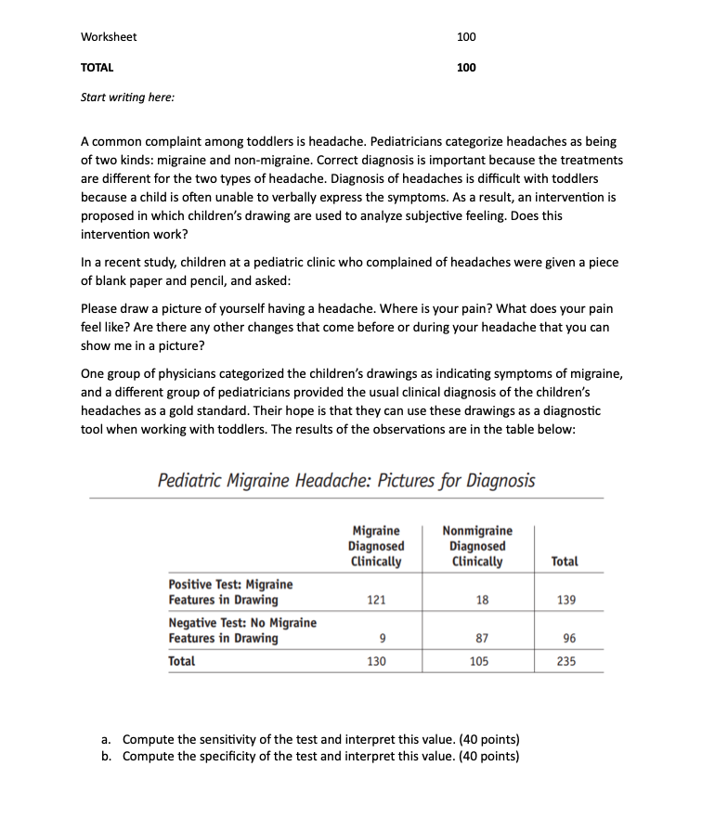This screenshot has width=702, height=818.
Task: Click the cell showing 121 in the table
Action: [x=376, y=600]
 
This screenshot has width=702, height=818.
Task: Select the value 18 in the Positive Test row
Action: [x=481, y=600]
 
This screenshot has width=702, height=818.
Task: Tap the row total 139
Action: [x=566, y=600]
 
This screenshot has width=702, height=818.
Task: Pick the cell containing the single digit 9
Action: [x=383, y=638]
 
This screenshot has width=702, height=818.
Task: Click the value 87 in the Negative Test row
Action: [x=481, y=638]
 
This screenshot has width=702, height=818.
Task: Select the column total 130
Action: [x=376, y=662]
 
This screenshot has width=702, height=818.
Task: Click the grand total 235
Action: [x=566, y=662]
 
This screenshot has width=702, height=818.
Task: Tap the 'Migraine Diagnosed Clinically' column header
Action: [x=375, y=546]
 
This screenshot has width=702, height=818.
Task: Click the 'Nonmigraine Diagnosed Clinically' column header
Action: [x=477, y=546]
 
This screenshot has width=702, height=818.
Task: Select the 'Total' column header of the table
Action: [x=564, y=562]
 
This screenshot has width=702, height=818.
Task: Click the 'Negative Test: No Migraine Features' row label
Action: [x=241, y=630]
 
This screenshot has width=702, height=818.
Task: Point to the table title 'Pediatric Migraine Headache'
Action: [x=346, y=480]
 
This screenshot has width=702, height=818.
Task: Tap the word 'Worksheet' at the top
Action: [x=109, y=37]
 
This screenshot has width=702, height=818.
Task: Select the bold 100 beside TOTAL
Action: [x=466, y=67]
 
